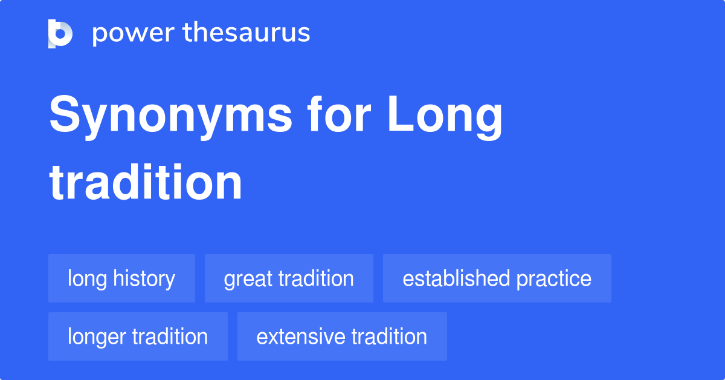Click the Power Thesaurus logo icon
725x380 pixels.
[x=60, y=33]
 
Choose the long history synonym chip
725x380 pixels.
[x=121, y=278]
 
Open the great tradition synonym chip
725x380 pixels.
[x=289, y=278]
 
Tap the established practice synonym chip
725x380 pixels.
[x=497, y=278]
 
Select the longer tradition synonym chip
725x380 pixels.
[x=138, y=336]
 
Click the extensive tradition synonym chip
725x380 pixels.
[x=342, y=336]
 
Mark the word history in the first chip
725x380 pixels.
[x=147, y=278]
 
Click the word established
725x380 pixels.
[x=448, y=278]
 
